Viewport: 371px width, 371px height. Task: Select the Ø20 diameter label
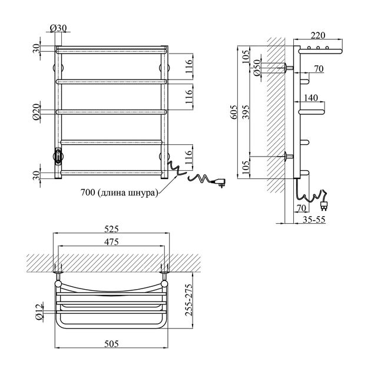[38, 111]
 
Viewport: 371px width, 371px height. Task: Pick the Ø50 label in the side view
[257, 69]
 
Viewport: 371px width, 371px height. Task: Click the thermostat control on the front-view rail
[59, 156]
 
